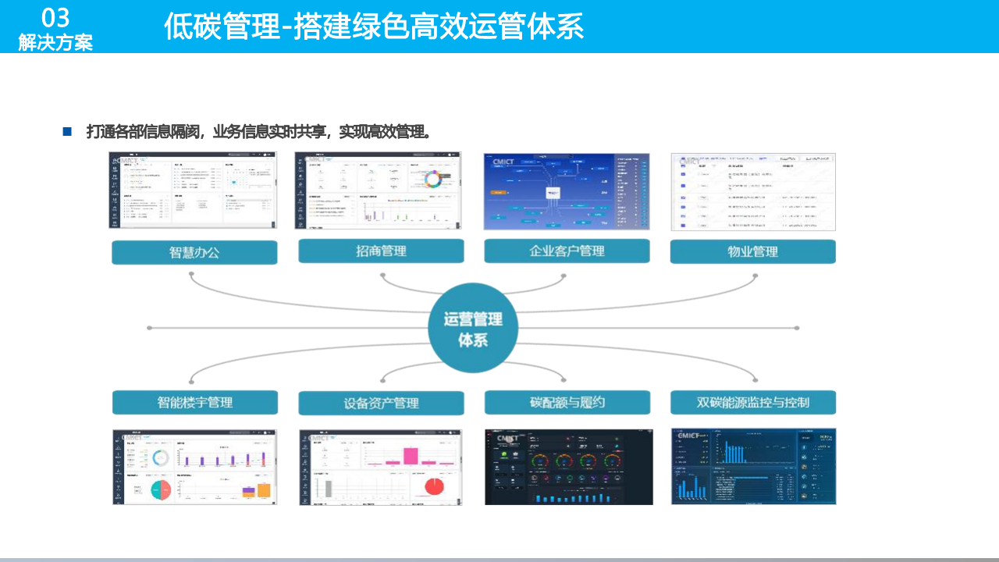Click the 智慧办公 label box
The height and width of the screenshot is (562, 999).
click(x=194, y=252)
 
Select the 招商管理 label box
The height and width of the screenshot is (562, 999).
click(x=381, y=251)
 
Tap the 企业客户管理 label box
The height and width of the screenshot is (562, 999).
click(x=567, y=251)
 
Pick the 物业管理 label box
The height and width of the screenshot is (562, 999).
click(x=752, y=251)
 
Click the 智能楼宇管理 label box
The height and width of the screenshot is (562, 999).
click(x=194, y=402)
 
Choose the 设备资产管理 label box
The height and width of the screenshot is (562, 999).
click(x=381, y=403)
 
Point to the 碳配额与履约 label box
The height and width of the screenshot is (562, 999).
click(x=567, y=402)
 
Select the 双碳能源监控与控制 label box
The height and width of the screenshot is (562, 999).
click(x=752, y=402)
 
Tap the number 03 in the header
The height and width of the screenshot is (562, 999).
click(x=55, y=17)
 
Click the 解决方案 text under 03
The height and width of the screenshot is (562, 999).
click(x=55, y=42)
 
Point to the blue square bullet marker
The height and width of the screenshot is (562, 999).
click(x=67, y=131)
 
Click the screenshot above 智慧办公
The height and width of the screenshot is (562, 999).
click(x=192, y=190)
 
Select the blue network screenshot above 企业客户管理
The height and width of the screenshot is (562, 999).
click(x=566, y=191)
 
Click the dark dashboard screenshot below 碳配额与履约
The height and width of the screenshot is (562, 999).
click(x=568, y=466)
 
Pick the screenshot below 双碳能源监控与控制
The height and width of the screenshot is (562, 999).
click(x=752, y=466)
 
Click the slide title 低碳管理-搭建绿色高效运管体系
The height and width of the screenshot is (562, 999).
click(x=374, y=27)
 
